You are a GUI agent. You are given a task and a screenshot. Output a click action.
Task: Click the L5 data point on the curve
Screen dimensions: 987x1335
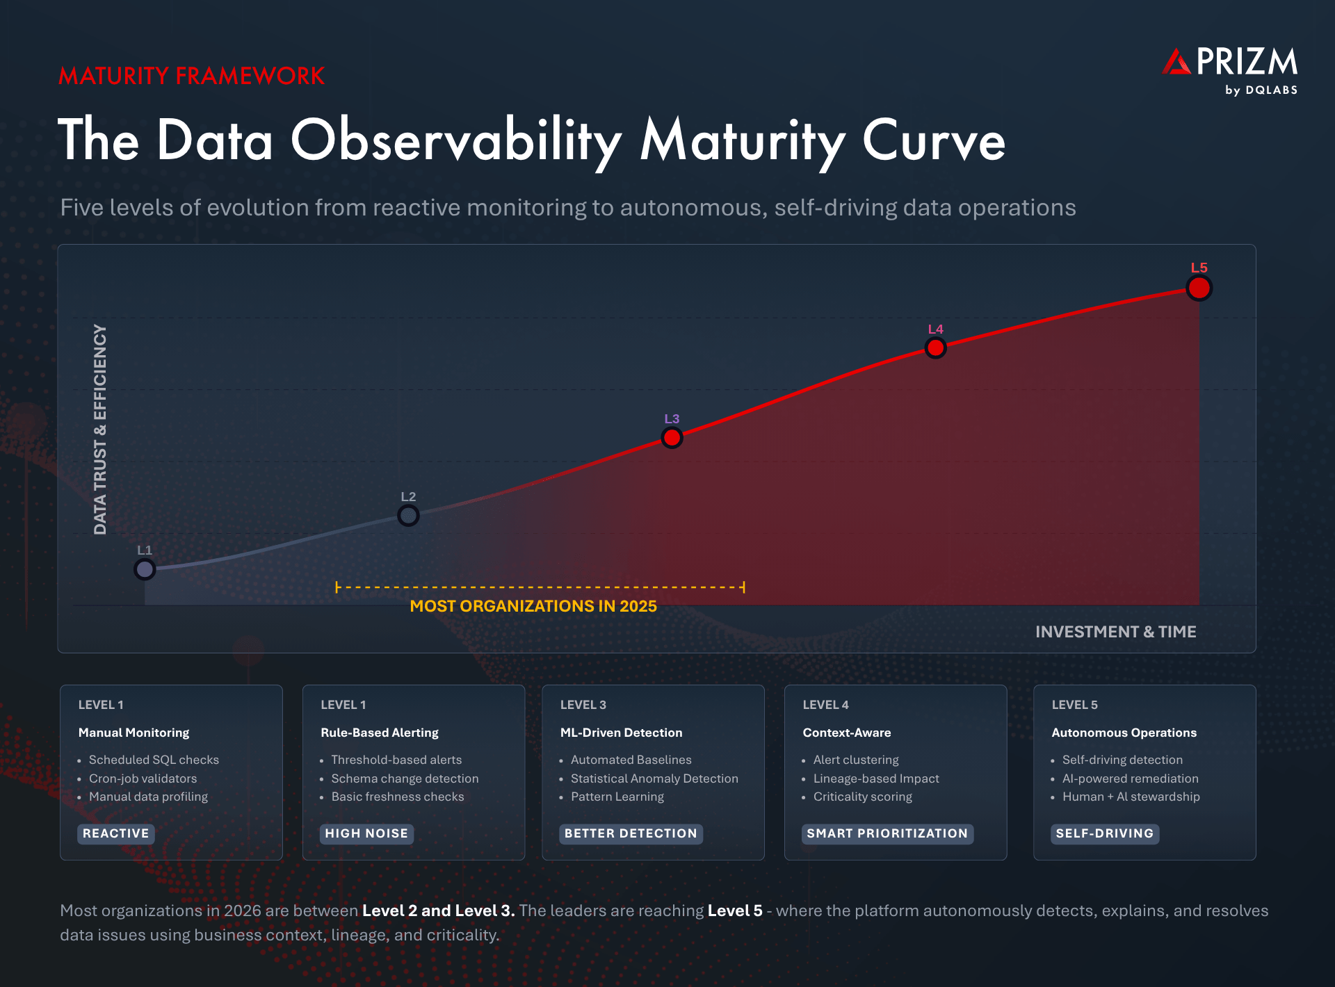click(1199, 288)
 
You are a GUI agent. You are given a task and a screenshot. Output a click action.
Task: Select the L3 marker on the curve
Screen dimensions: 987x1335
click(672, 438)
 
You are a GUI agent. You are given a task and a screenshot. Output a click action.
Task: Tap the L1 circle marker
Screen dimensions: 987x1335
click(145, 569)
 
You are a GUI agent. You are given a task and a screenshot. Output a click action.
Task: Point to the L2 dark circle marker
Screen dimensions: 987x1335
click(408, 516)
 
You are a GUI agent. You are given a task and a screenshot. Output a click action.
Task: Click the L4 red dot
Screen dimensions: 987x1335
click(935, 348)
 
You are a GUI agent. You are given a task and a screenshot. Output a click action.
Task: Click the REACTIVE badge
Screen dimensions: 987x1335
click(115, 833)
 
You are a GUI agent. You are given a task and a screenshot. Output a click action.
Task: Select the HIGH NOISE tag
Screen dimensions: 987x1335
click(366, 833)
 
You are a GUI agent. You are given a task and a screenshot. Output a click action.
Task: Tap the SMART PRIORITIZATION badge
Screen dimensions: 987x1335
click(887, 833)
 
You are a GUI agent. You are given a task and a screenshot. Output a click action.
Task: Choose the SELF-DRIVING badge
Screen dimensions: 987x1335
click(1104, 833)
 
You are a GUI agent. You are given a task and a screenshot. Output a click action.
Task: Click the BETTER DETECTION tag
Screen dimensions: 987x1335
click(630, 833)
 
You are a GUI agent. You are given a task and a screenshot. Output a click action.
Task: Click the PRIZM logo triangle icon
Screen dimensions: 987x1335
click(1176, 62)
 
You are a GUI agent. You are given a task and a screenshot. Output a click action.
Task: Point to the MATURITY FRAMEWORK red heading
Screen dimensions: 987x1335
click(191, 76)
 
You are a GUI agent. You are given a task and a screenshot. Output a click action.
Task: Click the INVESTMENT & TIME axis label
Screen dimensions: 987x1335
click(1115, 632)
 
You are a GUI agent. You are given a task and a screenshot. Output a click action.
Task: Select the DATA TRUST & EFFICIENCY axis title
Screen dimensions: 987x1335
click(100, 430)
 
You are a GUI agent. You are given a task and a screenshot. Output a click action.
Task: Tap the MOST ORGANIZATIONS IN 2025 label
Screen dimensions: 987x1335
click(533, 606)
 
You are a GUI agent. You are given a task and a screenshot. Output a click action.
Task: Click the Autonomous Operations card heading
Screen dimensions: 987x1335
click(1124, 733)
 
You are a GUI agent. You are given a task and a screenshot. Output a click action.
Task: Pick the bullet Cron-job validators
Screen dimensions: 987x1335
click(143, 778)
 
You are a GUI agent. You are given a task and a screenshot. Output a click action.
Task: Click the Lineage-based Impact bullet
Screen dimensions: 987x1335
click(876, 778)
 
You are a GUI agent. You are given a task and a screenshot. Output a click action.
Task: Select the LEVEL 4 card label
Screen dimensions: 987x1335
click(825, 705)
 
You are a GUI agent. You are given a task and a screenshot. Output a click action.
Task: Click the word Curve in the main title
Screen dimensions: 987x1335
click(934, 141)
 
